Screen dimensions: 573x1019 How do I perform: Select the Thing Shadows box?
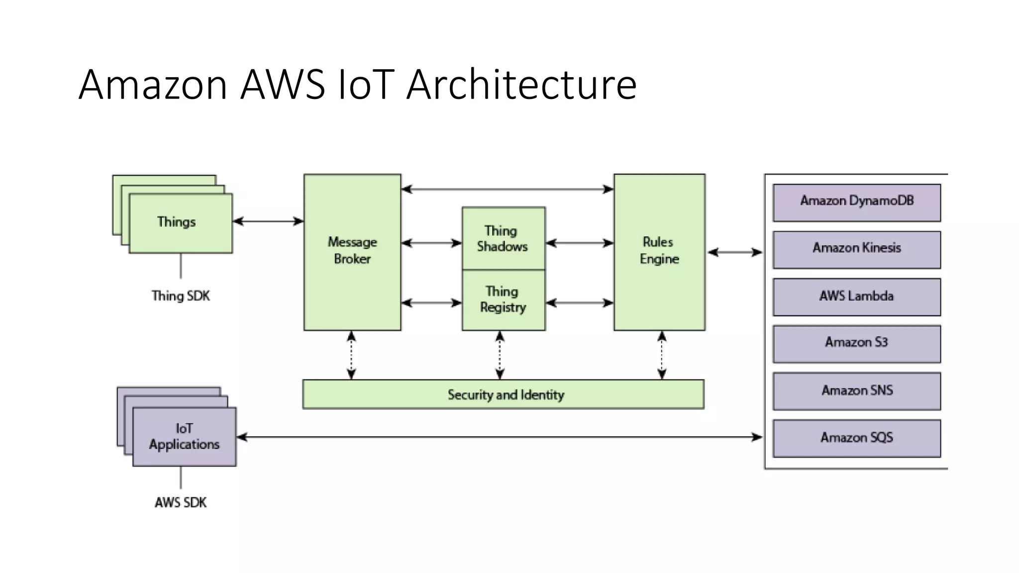click(503, 238)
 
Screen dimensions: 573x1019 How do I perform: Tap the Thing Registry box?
click(503, 299)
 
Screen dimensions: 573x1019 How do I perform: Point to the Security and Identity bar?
click(503, 394)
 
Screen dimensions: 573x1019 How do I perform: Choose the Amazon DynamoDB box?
click(856, 202)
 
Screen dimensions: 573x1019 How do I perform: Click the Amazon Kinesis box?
click(856, 249)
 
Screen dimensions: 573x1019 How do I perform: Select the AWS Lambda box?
click(856, 296)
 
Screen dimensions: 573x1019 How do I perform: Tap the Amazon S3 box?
click(856, 343)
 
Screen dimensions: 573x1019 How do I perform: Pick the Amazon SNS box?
click(856, 391)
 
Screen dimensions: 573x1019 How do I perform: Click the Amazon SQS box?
click(856, 438)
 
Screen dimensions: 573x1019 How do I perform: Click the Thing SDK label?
click(181, 296)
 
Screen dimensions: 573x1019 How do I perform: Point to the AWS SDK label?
click(181, 502)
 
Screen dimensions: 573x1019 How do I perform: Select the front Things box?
click(180, 223)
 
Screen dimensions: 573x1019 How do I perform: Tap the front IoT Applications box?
click(184, 437)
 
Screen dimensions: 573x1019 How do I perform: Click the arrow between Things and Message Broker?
click(268, 221)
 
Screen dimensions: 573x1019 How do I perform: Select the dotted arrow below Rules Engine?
click(662, 355)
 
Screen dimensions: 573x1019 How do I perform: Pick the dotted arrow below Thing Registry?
click(500, 355)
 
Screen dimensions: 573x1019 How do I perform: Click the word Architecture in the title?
click(521, 85)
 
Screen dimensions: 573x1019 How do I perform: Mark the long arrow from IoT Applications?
click(499, 437)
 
